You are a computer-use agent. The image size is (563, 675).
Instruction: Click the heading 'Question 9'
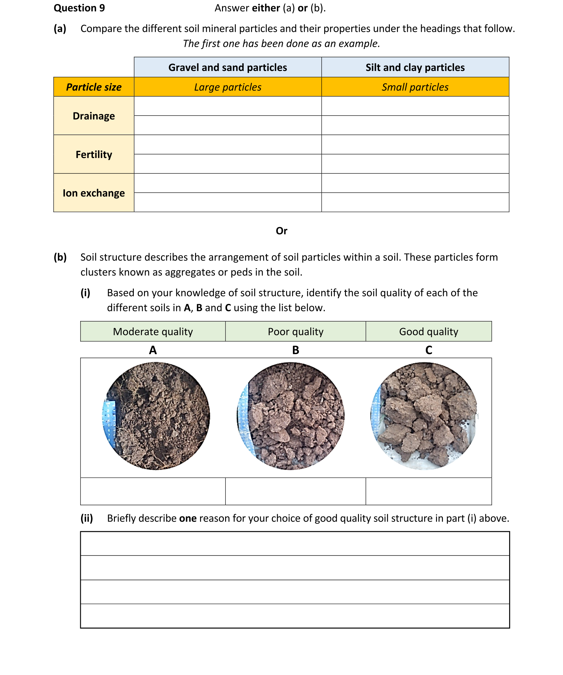pyautogui.click(x=79, y=8)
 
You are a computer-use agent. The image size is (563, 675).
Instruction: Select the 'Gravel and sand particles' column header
pyautogui.click(x=228, y=68)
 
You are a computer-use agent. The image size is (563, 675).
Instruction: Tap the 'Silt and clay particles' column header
pyautogui.click(x=415, y=68)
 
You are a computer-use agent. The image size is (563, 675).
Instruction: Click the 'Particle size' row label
pyautogui.click(x=94, y=87)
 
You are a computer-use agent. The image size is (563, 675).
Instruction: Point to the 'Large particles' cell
pyautogui.click(x=228, y=87)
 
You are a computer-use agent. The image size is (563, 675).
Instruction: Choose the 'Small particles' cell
pyautogui.click(x=415, y=87)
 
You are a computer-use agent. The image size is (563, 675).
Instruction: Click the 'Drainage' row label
pyautogui.click(x=94, y=116)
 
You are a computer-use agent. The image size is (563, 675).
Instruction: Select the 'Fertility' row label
pyautogui.click(x=94, y=155)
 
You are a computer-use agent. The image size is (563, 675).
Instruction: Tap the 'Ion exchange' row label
pyautogui.click(x=94, y=193)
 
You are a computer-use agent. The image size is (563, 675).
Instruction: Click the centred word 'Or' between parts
pyautogui.click(x=281, y=231)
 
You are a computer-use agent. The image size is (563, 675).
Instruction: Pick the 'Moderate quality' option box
pyautogui.click(x=153, y=331)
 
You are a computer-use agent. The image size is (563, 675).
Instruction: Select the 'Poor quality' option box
pyautogui.click(x=295, y=331)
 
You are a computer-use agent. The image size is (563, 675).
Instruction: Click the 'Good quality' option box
pyautogui.click(x=428, y=331)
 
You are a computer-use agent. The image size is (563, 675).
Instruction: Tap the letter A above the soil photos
pyautogui.click(x=153, y=350)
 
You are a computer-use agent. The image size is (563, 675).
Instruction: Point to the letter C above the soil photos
pyautogui.click(x=429, y=350)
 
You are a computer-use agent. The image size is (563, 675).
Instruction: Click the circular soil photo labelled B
pyautogui.click(x=291, y=416)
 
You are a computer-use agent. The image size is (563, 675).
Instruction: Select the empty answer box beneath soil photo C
pyautogui.click(x=428, y=491)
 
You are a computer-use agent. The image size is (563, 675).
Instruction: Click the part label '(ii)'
pyautogui.click(x=86, y=518)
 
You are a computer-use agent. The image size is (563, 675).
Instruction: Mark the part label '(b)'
pyautogui.click(x=60, y=257)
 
